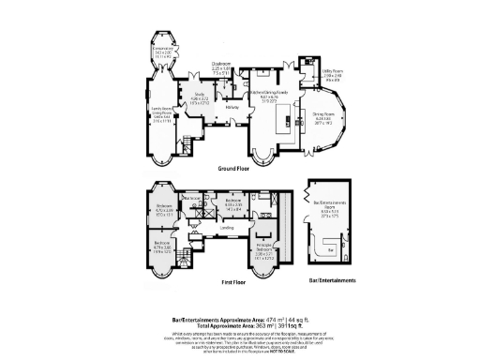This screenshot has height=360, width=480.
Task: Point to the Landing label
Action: coord(227,228)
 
